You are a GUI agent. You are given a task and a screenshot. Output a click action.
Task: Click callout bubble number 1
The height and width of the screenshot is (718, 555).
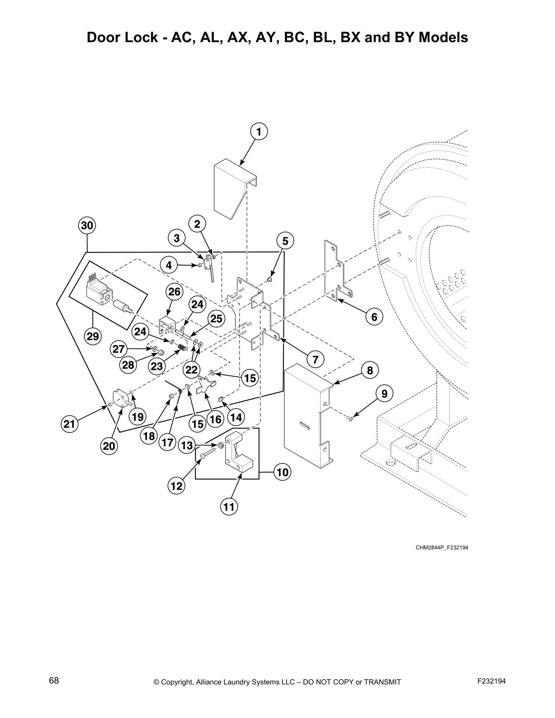click(258, 132)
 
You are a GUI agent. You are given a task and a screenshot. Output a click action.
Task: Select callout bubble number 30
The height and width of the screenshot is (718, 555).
click(87, 225)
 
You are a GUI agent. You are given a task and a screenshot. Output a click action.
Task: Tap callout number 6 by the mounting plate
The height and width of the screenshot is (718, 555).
click(374, 317)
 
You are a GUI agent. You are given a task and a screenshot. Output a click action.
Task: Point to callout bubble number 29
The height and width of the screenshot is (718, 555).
click(92, 336)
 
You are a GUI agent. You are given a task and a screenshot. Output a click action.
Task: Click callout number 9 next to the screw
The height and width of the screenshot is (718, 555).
click(384, 394)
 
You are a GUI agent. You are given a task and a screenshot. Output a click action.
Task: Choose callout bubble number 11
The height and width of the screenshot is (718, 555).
click(229, 506)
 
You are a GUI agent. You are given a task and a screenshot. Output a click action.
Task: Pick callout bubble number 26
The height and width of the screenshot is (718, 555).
click(175, 292)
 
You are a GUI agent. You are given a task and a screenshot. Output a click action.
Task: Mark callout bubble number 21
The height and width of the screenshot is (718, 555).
click(69, 424)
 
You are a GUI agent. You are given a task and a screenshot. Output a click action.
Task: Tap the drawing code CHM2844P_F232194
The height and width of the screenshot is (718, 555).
click(442, 548)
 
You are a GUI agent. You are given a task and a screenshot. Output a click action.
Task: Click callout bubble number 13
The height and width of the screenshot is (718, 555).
click(187, 446)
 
